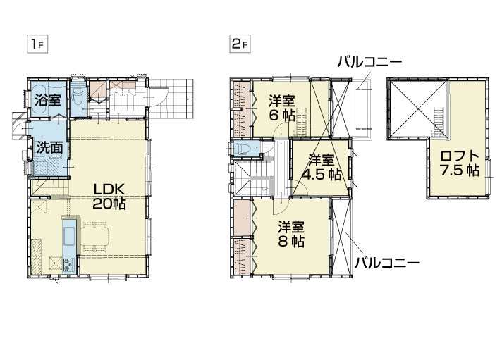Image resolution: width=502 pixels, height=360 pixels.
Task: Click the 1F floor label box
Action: click(x=37, y=44)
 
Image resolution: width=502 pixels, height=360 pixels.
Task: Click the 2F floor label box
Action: click(x=240, y=44)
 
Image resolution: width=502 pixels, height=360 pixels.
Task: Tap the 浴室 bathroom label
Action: click(x=48, y=100)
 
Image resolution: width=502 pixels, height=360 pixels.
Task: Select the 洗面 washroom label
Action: click(x=49, y=148)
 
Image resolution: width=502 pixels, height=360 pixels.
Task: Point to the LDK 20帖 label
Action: click(x=109, y=197)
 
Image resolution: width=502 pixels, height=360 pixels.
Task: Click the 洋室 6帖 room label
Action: click(x=282, y=108)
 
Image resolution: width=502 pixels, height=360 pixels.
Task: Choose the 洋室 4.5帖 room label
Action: click(x=322, y=168)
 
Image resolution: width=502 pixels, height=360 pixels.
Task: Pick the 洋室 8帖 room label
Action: click(x=291, y=234)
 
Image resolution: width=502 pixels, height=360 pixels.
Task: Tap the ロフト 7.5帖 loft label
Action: click(x=460, y=163)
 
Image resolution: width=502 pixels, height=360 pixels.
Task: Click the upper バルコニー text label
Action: click(x=369, y=61)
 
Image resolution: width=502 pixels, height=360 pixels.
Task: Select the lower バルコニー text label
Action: click(x=387, y=263)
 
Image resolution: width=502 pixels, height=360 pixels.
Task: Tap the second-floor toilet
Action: click(x=244, y=149)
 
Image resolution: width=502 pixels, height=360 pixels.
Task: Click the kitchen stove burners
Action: click(x=68, y=265)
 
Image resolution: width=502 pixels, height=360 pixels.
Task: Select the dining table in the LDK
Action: click(x=94, y=235)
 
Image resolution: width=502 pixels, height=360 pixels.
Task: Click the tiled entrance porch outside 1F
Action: click(x=171, y=99)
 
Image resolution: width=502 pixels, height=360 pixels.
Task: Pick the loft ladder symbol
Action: click(x=439, y=122)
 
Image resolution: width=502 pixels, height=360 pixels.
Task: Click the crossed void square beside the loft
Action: click(x=417, y=108)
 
